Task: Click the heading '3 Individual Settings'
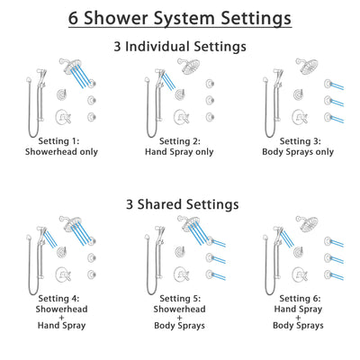[179, 46]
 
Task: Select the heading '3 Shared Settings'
[179, 205]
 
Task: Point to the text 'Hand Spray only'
[180, 152]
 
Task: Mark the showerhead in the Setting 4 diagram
[69, 225]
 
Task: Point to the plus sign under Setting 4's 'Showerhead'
[62, 325]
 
